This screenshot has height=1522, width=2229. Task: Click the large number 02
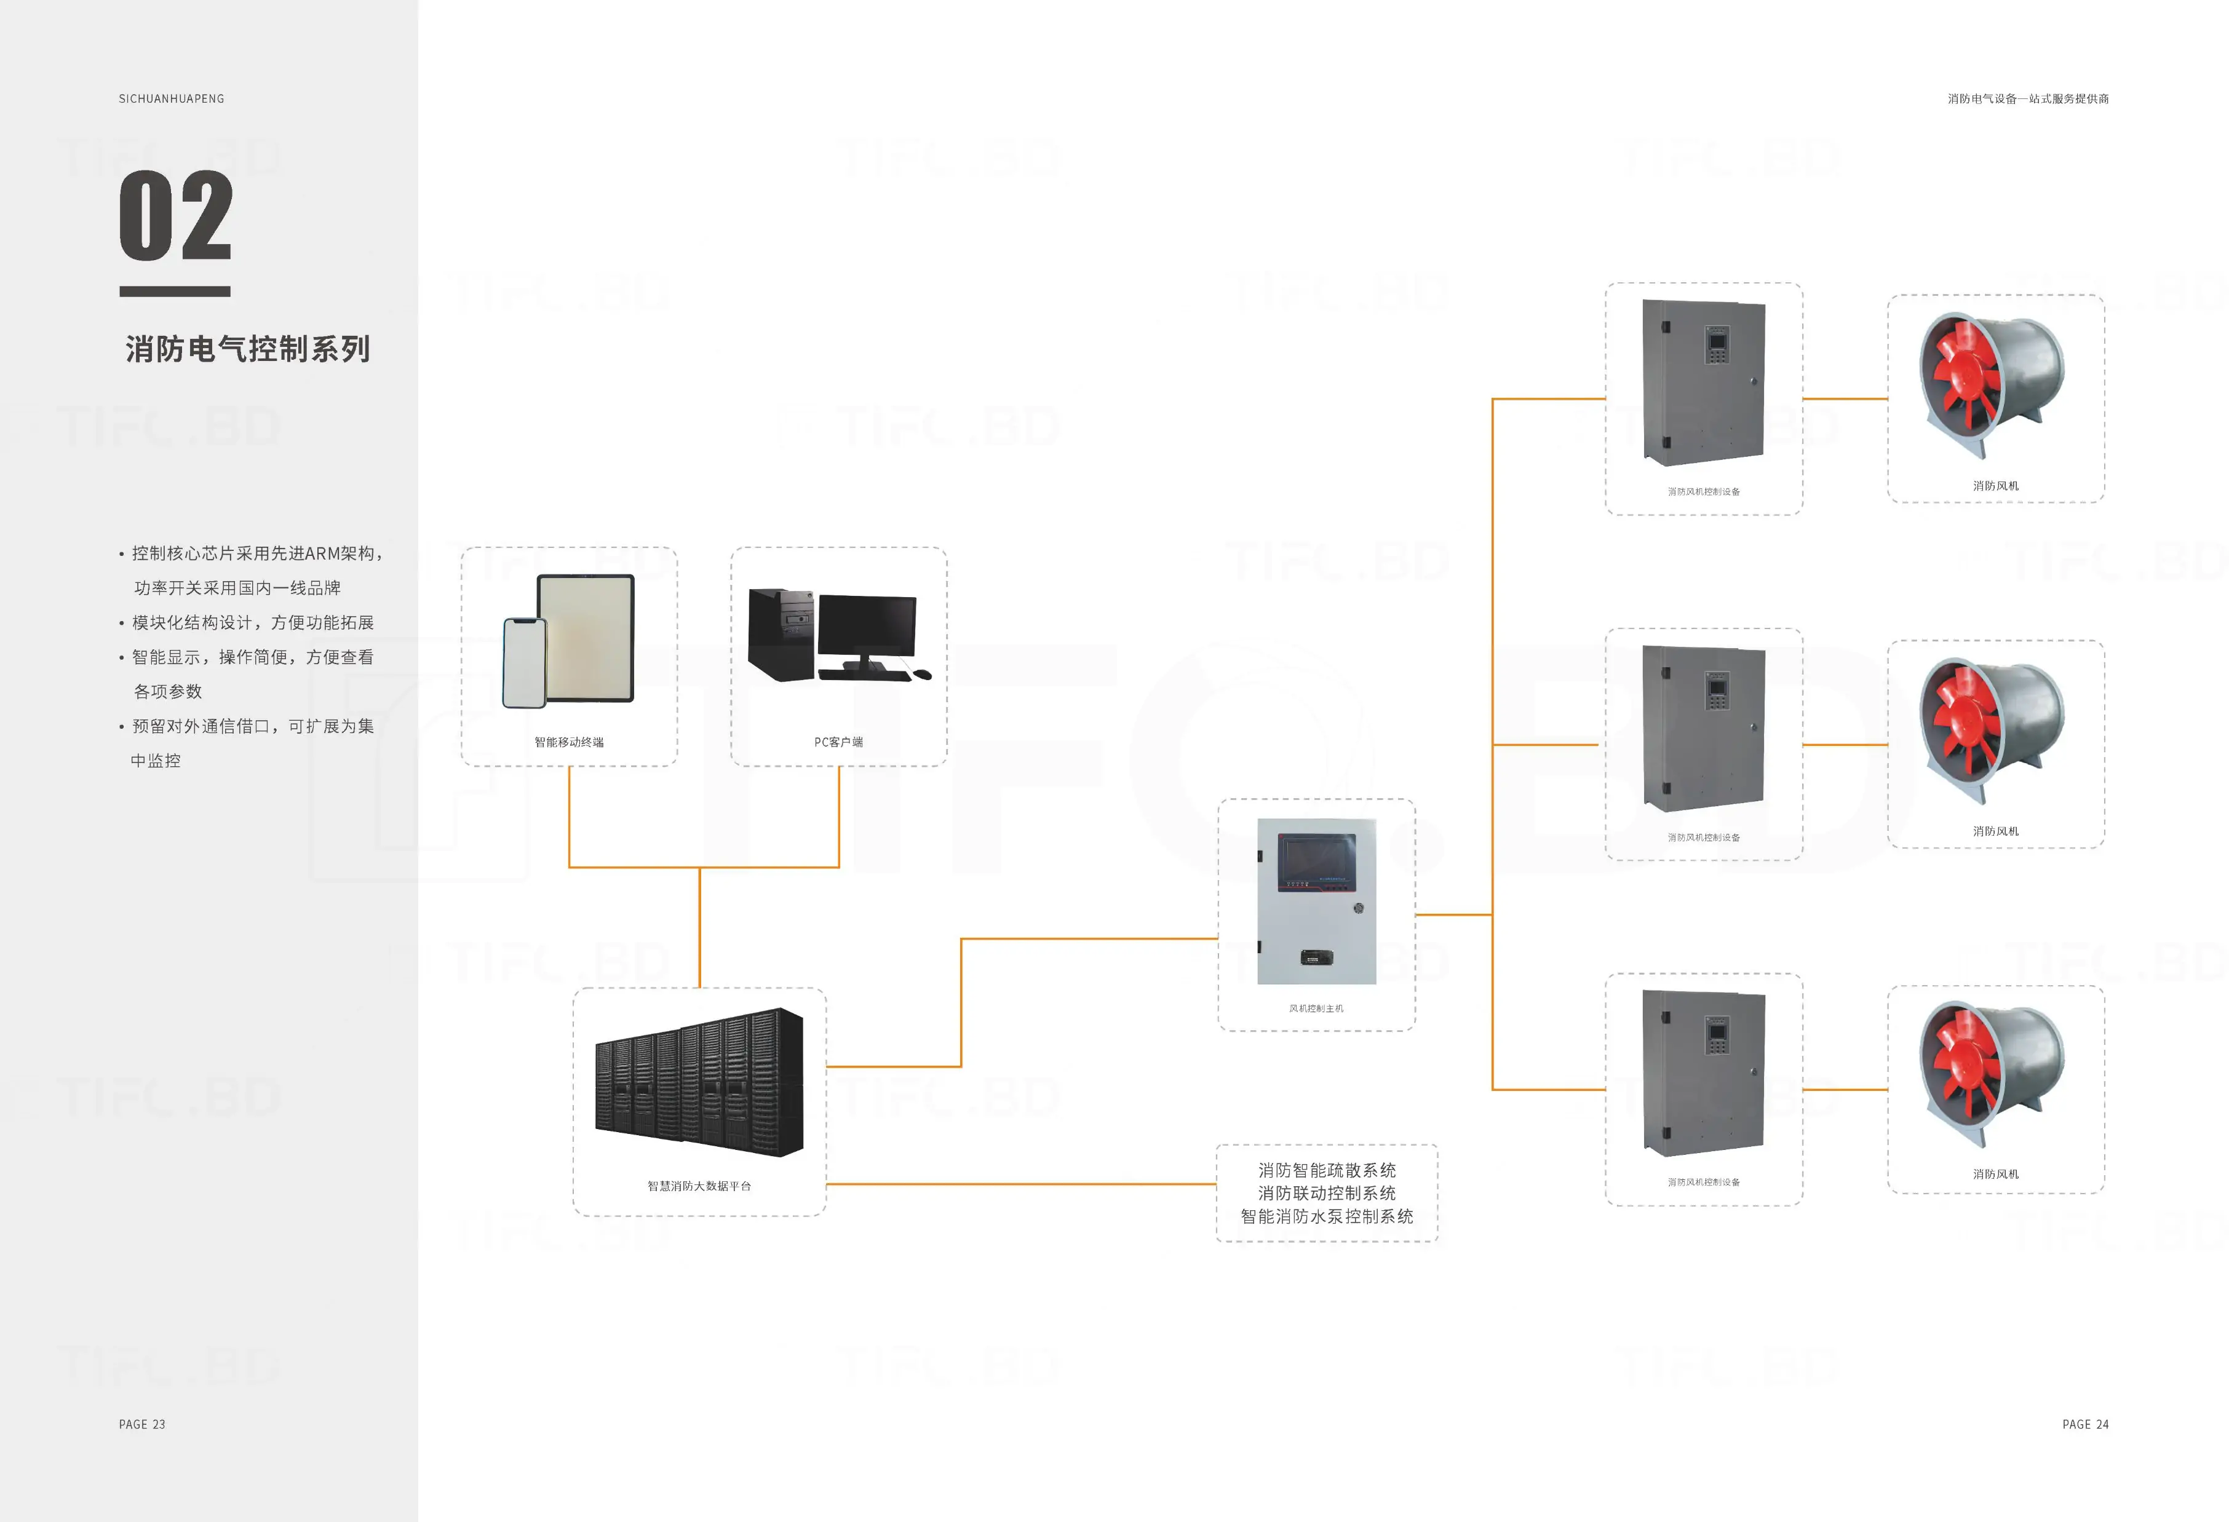coord(175,216)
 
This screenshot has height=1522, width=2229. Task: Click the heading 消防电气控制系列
coord(247,349)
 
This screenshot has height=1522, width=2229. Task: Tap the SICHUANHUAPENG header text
coord(172,99)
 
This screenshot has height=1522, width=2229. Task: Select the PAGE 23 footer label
coord(142,1424)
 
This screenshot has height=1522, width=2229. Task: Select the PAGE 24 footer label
coord(2085,1424)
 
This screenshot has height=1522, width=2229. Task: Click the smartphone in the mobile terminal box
coord(525,663)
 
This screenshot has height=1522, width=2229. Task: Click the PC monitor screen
coord(866,625)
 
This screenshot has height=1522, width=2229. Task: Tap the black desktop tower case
coord(781,634)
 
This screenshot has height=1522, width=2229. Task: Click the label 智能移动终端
coord(569,742)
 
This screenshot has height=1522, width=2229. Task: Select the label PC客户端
coord(838,742)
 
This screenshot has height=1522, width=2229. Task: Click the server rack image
coord(699,1083)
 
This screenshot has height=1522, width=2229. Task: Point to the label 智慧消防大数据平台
coord(699,1186)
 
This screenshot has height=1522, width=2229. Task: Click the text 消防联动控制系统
coord(1327,1193)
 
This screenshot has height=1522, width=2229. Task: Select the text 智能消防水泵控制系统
coord(1327,1216)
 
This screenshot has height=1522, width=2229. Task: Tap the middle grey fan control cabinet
coord(1703,729)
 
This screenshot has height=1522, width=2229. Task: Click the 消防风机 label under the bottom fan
coord(1996,1174)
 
